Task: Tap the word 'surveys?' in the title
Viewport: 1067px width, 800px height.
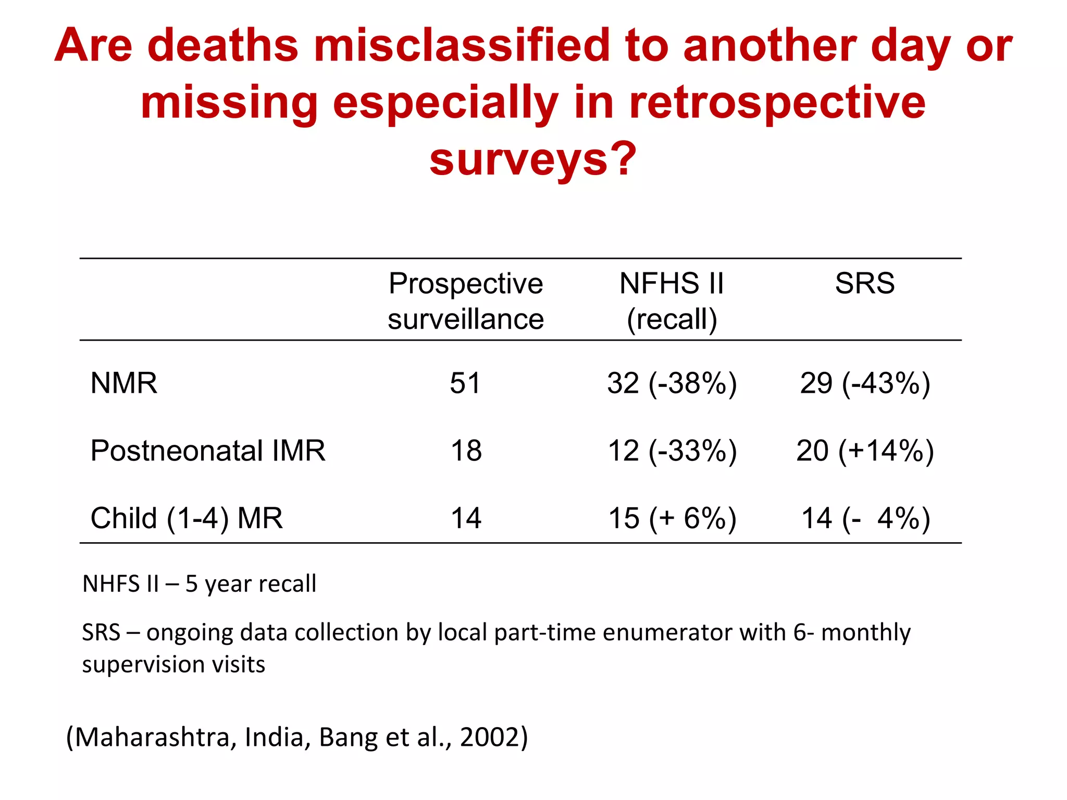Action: coord(533,159)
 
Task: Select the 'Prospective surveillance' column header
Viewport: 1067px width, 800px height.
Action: coord(466,301)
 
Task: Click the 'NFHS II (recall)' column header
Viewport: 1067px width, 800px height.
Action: coord(672,301)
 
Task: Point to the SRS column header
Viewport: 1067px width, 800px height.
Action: coord(864,284)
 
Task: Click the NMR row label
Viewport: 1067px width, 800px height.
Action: coord(123,383)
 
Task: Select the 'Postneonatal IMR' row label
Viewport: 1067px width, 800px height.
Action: coord(207,451)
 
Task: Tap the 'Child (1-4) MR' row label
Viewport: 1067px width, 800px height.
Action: coord(186,518)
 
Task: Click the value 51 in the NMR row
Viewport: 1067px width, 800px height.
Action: coord(465,383)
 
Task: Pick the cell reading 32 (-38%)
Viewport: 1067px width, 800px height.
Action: coord(672,384)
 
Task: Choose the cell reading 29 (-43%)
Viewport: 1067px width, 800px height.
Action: coord(865,384)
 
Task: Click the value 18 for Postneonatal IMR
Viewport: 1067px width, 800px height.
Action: coord(466,451)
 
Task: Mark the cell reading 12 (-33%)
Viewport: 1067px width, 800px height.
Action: coord(672,451)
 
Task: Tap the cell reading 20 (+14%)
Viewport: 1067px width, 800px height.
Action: coord(865,451)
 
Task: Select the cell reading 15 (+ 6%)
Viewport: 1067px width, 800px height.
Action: coord(672,519)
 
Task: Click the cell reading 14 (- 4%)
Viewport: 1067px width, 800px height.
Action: coord(865,519)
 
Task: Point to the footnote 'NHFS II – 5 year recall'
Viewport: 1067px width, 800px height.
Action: coord(199,584)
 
